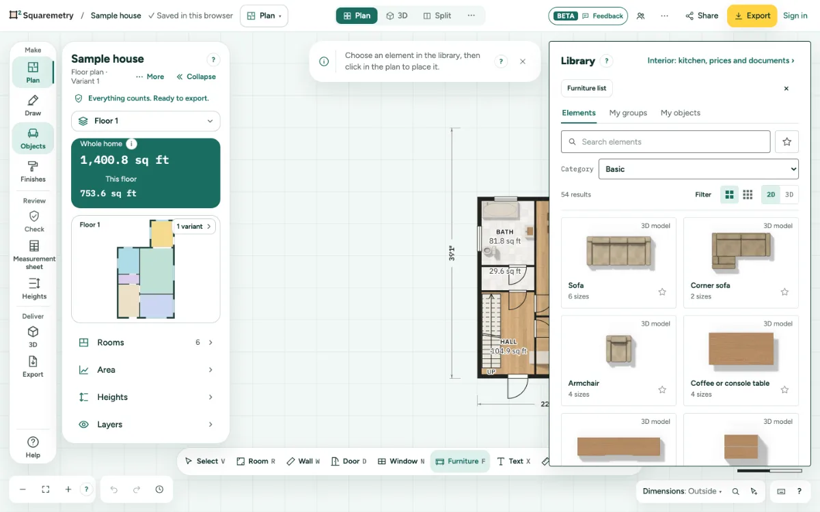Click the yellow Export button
752,16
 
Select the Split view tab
437,16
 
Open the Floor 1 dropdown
146,121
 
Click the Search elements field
666,142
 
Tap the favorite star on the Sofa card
662,292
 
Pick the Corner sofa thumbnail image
741,251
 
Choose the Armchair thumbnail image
618,349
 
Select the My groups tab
628,113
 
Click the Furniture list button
586,88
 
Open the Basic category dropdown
698,169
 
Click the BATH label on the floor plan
505,232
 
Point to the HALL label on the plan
508,341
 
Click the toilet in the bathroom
489,251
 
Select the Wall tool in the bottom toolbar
303,461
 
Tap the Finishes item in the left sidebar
33,171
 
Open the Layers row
146,424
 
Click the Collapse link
196,76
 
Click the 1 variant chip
193,227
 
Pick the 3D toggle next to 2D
789,195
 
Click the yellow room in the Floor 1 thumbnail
162,234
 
